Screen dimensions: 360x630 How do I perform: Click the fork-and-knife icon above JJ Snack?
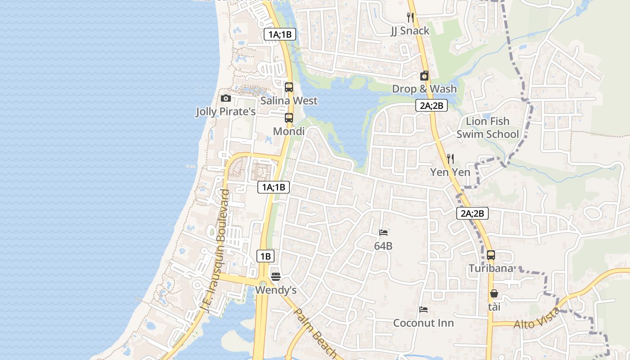pos(410,18)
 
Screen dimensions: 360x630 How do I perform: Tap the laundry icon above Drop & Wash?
pos(424,76)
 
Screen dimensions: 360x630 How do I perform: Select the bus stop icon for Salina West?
pos(289,87)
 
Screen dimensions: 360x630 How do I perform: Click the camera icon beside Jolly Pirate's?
pos(226,99)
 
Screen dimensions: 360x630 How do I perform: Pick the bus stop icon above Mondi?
pos(289,118)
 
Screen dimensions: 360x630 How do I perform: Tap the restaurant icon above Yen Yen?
pos(450,159)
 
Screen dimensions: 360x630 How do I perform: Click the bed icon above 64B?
pos(383,233)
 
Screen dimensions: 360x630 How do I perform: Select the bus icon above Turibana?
pos(491,255)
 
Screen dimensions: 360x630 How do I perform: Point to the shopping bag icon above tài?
pos(494,294)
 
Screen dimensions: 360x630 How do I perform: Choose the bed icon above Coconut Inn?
pos(423,310)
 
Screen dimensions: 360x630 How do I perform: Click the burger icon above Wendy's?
pos(276,276)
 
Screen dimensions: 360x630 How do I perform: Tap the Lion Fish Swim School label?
pos(488,128)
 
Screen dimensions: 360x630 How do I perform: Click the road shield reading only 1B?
pos(265,256)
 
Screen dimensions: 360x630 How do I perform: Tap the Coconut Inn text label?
pos(423,323)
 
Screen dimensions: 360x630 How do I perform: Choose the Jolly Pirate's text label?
pos(225,112)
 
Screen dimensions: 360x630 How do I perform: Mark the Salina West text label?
pos(289,101)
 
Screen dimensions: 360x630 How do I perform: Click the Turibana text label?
pos(491,269)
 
